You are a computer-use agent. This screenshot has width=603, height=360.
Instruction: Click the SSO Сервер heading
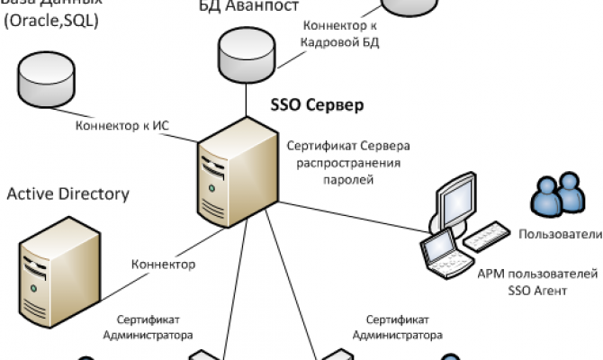click(317, 105)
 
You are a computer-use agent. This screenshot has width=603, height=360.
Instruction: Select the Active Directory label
click(68, 193)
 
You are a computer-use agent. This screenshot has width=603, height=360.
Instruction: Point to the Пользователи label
click(559, 235)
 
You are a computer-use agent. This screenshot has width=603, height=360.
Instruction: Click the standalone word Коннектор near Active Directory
click(163, 265)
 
